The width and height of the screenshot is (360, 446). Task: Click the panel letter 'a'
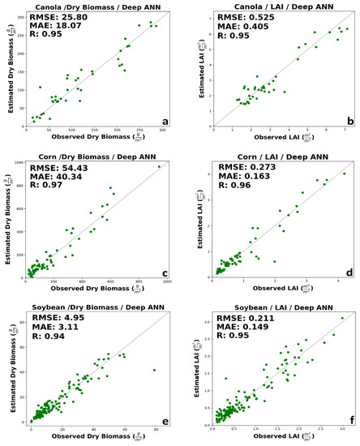tap(165, 122)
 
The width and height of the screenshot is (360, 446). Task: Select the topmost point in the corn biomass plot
tap(159, 167)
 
